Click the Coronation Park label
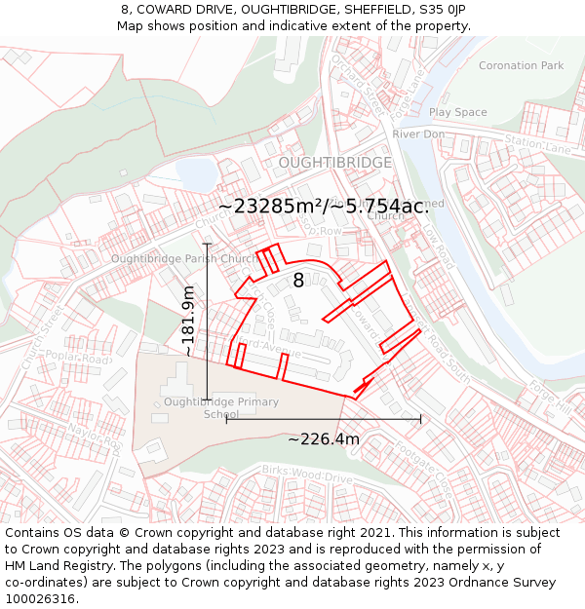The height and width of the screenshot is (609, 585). pyautogui.click(x=521, y=66)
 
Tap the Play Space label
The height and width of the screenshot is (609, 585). pyautogui.click(x=457, y=113)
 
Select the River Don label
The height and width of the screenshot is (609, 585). pyautogui.click(x=418, y=133)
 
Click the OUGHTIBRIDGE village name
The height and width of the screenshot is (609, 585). pyautogui.click(x=335, y=163)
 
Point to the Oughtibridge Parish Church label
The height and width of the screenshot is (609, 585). pyautogui.click(x=184, y=259)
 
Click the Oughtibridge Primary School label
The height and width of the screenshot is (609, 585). pyautogui.click(x=221, y=408)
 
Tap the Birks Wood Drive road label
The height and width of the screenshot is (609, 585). pyautogui.click(x=306, y=475)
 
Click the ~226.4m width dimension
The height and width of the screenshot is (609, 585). pyautogui.click(x=324, y=439)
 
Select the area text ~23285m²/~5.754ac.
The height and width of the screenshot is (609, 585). pyautogui.click(x=323, y=207)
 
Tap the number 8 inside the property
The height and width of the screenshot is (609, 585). pyautogui.click(x=298, y=281)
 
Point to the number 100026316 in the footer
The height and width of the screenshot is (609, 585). pyautogui.click(x=40, y=598)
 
